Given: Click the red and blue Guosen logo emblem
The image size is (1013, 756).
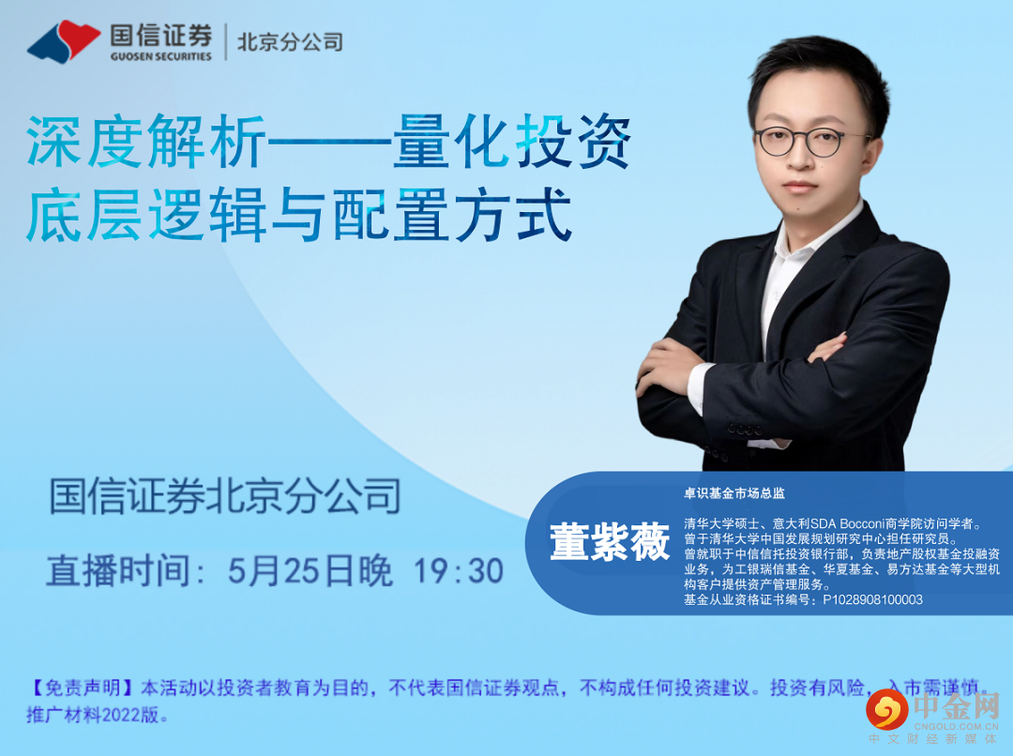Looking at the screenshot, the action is pyautogui.click(x=64, y=41).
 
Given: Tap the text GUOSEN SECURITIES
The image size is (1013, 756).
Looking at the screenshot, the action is pyautogui.click(x=161, y=56).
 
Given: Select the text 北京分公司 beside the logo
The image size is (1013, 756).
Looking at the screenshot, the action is pyautogui.click(x=290, y=42).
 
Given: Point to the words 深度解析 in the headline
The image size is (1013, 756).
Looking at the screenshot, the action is pyautogui.click(x=146, y=142).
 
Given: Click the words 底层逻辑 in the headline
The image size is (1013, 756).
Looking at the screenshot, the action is pyautogui.click(x=146, y=214).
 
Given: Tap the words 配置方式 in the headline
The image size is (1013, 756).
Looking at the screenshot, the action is pyautogui.click(x=452, y=214).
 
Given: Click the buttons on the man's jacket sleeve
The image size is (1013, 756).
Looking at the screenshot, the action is pyautogui.click(x=744, y=429).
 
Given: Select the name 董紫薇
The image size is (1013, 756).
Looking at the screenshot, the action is pyautogui.click(x=610, y=541).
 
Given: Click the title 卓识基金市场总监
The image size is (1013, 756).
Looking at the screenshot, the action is pyautogui.click(x=733, y=493).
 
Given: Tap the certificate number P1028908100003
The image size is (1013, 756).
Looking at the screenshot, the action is pyautogui.click(x=872, y=599).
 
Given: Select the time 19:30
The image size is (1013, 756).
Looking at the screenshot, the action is pyautogui.click(x=458, y=571).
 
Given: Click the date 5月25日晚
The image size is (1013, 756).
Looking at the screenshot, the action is pyautogui.click(x=310, y=571).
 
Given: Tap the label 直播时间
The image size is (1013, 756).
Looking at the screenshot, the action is pyautogui.click(x=118, y=571).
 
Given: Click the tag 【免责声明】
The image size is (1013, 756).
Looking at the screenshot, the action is pyautogui.click(x=83, y=688).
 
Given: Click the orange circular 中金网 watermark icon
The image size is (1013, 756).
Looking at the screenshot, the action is pyautogui.click(x=886, y=710).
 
